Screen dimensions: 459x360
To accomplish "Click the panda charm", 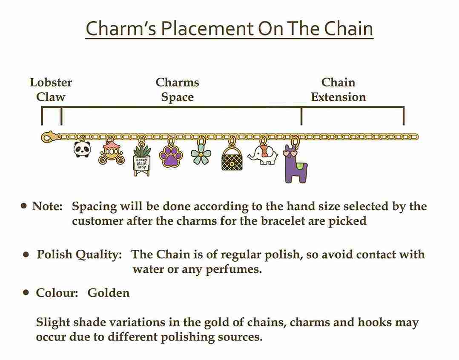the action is (x=82, y=149).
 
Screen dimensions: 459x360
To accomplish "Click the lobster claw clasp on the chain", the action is (x=49, y=137).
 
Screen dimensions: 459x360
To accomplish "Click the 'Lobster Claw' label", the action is (x=51, y=89).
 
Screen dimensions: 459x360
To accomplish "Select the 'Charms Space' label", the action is (x=178, y=89).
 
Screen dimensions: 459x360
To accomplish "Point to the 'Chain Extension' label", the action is (x=339, y=89).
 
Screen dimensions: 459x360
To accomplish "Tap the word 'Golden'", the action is (x=109, y=293).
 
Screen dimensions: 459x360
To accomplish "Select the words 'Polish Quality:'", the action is (x=79, y=254).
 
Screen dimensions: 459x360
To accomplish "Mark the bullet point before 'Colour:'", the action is (x=26, y=292).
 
